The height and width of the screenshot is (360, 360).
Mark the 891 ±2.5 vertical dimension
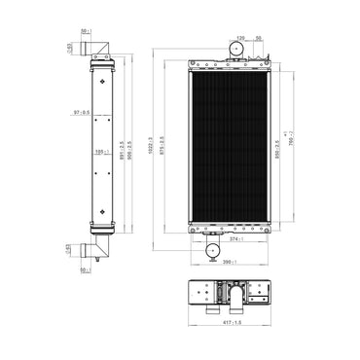pos(120,146)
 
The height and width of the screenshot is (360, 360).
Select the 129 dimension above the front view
pos(241,38)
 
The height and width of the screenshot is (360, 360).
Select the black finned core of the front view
pos(228,146)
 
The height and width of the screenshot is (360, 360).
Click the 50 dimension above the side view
pos(85,31)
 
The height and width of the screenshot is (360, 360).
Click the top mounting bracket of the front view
pos(228,64)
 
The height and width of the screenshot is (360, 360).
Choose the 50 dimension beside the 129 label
pos(258,38)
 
